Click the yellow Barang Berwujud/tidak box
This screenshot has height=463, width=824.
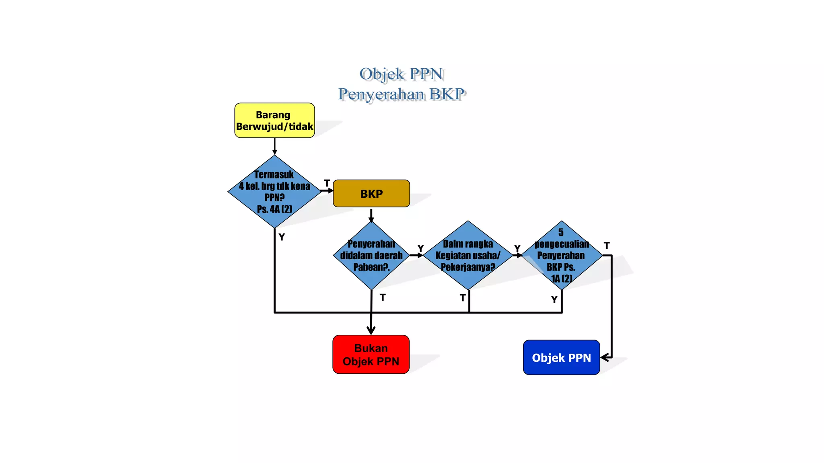(x=274, y=121)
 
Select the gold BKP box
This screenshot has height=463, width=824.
(x=371, y=194)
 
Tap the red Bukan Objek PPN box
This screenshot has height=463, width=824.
(x=371, y=354)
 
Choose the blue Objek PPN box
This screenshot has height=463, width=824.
(x=561, y=358)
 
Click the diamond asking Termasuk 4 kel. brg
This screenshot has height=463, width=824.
(x=274, y=192)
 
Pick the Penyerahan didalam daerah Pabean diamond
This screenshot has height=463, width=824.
(x=371, y=255)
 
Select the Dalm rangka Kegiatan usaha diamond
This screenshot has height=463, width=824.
(x=468, y=255)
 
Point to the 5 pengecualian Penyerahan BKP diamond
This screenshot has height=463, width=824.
(x=561, y=255)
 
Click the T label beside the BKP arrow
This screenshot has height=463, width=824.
(x=327, y=183)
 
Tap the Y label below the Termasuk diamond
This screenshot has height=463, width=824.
(x=282, y=237)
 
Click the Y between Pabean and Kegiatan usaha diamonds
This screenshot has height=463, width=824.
(x=420, y=248)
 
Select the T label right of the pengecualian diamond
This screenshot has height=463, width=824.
(x=607, y=246)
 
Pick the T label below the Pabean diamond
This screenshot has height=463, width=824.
(x=383, y=297)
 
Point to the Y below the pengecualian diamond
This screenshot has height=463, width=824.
(x=554, y=299)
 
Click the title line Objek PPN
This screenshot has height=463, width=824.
(x=401, y=74)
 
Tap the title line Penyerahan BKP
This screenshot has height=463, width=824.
(x=401, y=94)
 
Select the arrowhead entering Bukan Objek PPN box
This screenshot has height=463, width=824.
(x=371, y=330)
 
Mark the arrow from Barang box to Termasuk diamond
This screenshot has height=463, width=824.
(x=275, y=146)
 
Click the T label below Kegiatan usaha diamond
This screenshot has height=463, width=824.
(x=463, y=298)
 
